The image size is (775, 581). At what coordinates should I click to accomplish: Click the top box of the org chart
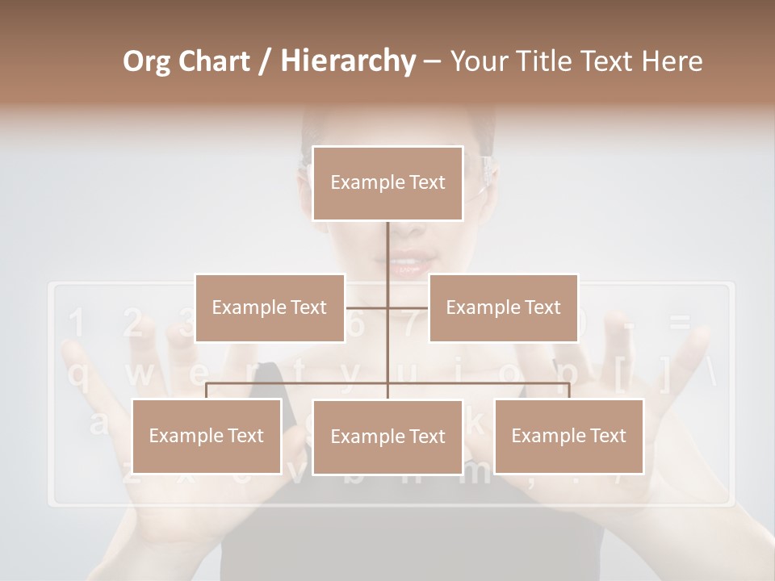[x=387, y=183]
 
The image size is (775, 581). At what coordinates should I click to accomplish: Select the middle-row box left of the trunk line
[x=270, y=307]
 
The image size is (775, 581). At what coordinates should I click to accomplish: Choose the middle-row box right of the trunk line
[x=503, y=307]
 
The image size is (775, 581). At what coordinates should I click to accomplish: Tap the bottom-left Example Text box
[x=207, y=436]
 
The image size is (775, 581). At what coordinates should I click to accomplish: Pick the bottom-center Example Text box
[x=387, y=437]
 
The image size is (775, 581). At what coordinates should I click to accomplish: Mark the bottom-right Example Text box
[x=568, y=436]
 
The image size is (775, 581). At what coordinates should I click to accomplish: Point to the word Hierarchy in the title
[x=347, y=61]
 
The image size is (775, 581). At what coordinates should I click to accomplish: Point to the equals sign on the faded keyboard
[x=680, y=324]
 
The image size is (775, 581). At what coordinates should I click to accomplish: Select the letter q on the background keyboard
[x=77, y=375]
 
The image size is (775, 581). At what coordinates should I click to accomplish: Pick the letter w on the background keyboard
[x=138, y=375]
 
